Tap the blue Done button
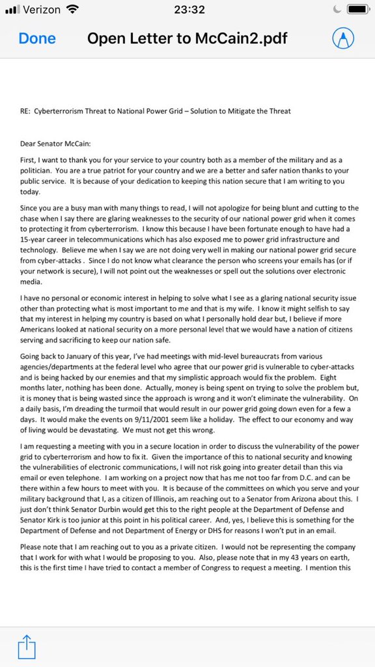pyautogui.click(x=37, y=38)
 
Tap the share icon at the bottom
pyautogui.click(x=27, y=649)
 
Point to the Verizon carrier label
pyautogui.click(x=42, y=10)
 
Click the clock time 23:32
pyautogui.click(x=189, y=10)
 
